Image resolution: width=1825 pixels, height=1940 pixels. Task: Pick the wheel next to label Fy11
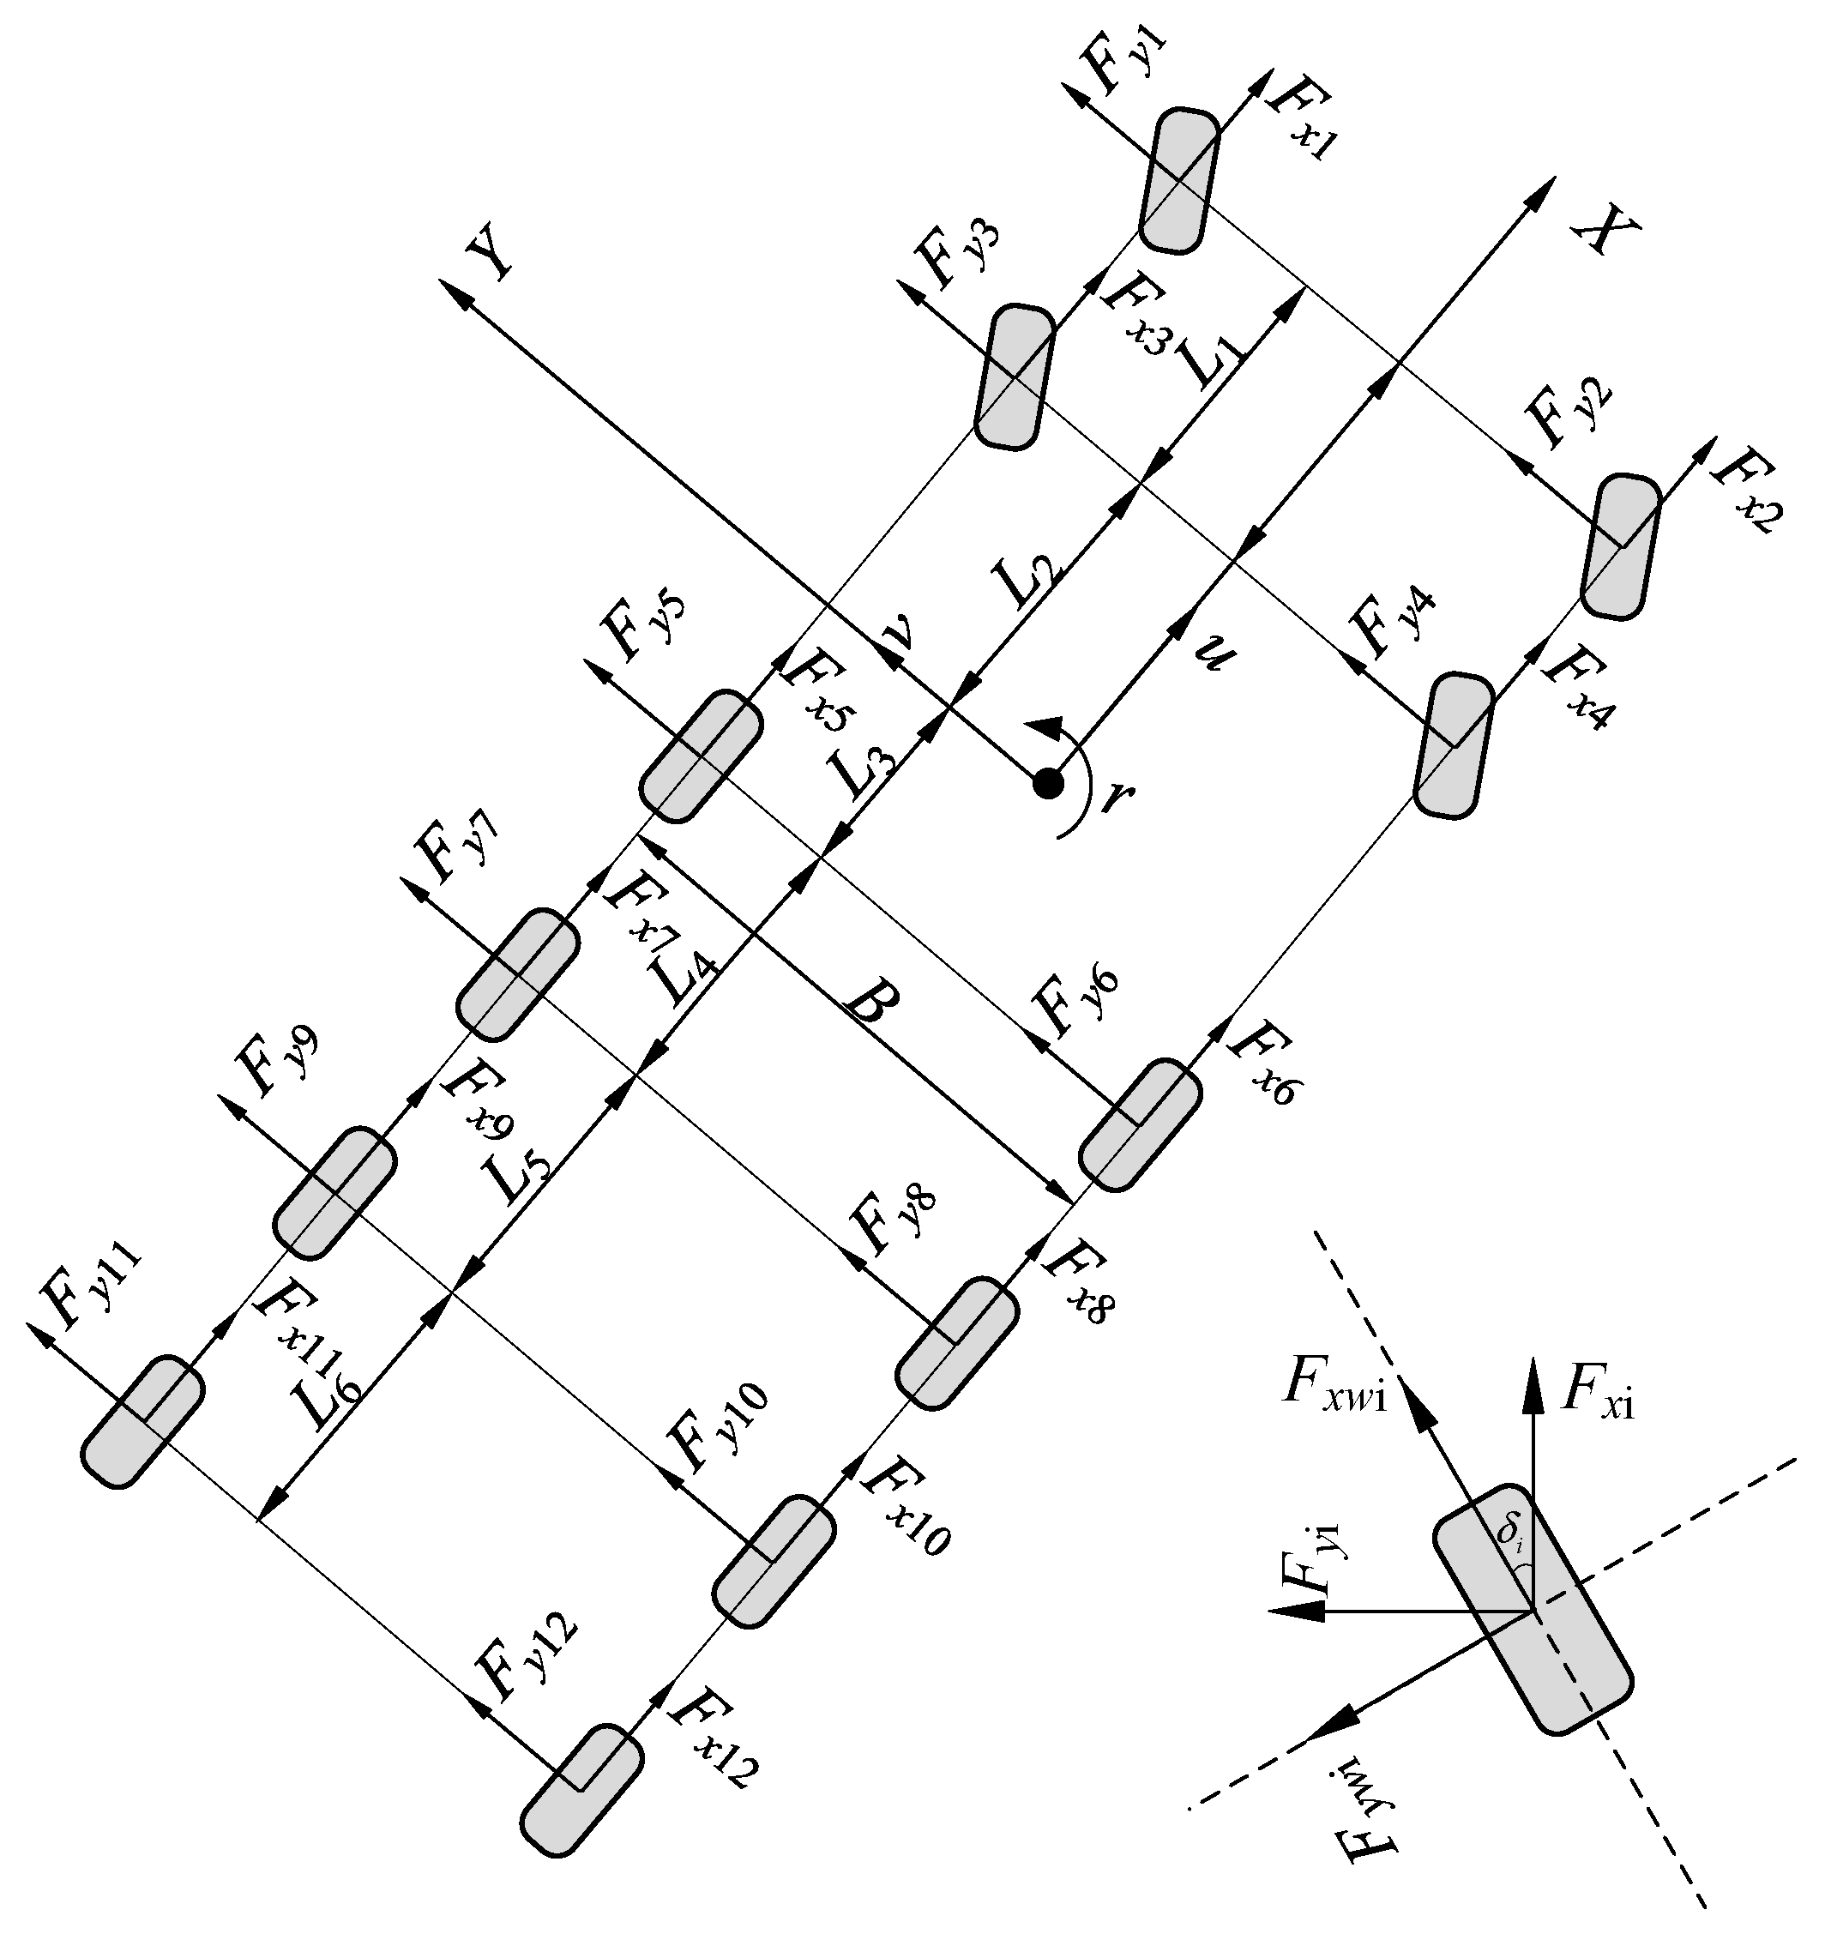pyautogui.click(x=142, y=1421)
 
